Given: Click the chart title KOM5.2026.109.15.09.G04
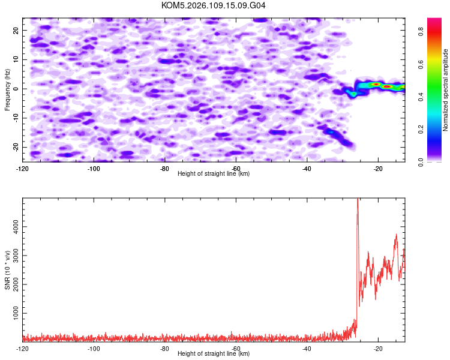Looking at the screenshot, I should pos(214,5).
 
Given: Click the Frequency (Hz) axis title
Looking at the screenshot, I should pos(8,89).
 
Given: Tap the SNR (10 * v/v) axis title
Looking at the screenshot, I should pos(8,269).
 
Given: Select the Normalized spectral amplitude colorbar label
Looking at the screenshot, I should pos(445,90).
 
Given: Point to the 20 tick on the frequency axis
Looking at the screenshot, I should pos(16,30).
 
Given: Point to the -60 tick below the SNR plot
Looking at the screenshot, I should pos(236,349).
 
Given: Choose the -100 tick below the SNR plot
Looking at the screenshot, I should pos(94,349).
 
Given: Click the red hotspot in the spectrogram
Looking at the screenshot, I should pos(388,86).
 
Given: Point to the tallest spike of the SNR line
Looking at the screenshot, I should pos(358,199).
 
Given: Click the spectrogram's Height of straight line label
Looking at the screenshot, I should pos(214,174).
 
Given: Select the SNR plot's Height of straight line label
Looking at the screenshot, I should pos(214,354).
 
